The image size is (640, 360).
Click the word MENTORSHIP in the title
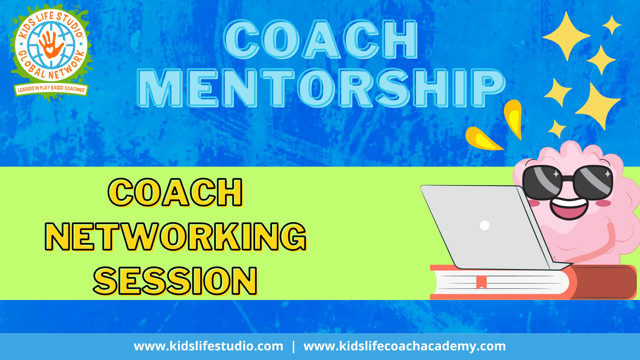[x=321, y=88]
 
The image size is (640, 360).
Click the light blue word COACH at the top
[x=321, y=39]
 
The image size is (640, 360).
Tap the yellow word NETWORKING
[x=176, y=237]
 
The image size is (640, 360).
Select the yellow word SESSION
[x=175, y=281]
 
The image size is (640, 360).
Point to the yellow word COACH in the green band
[x=175, y=192]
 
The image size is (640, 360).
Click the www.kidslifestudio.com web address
[x=208, y=346]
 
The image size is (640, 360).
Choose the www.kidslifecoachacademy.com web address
[x=404, y=346]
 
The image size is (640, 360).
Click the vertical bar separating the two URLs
[x=293, y=346]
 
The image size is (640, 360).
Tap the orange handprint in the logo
[x=50, y=45]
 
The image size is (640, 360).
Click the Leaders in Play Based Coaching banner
[x=51, y=89]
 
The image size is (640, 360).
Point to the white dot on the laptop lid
[x=484, y=225]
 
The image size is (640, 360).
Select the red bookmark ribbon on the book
[x=481, y=282]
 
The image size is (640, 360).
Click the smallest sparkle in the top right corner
[x=612, y=25]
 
